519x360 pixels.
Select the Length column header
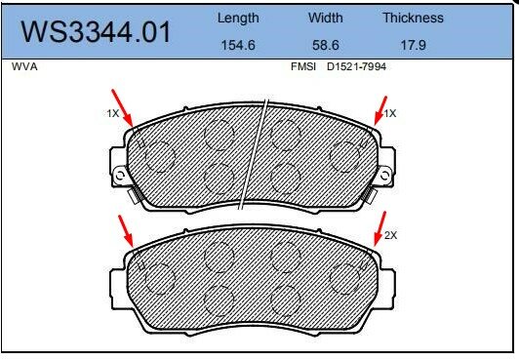click(x=238, y=18)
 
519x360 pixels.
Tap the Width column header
click(x=326, y=18)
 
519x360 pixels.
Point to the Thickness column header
click(x=413, y=18)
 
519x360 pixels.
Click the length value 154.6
click(x=238, y=44)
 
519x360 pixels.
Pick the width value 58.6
click(x=326, y=44)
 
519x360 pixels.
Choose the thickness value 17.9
click(x=413, y=44)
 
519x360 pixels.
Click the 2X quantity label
click(x=392, y=235)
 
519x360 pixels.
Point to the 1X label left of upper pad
click(x=112, y=114)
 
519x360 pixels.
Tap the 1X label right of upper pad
click(x=391, y=114)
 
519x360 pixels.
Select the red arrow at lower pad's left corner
click(x=126, y=232)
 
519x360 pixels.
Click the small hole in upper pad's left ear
click(x=120, y=175)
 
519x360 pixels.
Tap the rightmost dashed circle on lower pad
click(x=345, y=279)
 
